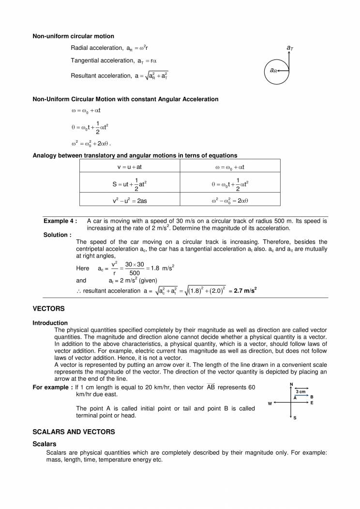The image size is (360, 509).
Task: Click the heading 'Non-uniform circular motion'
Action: (73, 36)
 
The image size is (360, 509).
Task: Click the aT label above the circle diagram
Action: (289, 48)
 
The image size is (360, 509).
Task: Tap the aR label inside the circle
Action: (273, 71)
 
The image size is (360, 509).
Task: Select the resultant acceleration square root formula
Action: (152, 75)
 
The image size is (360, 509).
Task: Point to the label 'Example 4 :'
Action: (60, 221)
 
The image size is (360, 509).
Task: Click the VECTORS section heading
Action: (48, 308)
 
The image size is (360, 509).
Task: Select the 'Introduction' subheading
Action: (50, 323)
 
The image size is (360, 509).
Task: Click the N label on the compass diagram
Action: (291, 384)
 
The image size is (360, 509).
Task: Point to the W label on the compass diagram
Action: (270, 403)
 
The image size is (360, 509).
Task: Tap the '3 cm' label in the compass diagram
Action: (300, 391)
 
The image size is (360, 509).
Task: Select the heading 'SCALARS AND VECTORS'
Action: (74, 431)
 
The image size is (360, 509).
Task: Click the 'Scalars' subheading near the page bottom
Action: (44, 444)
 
